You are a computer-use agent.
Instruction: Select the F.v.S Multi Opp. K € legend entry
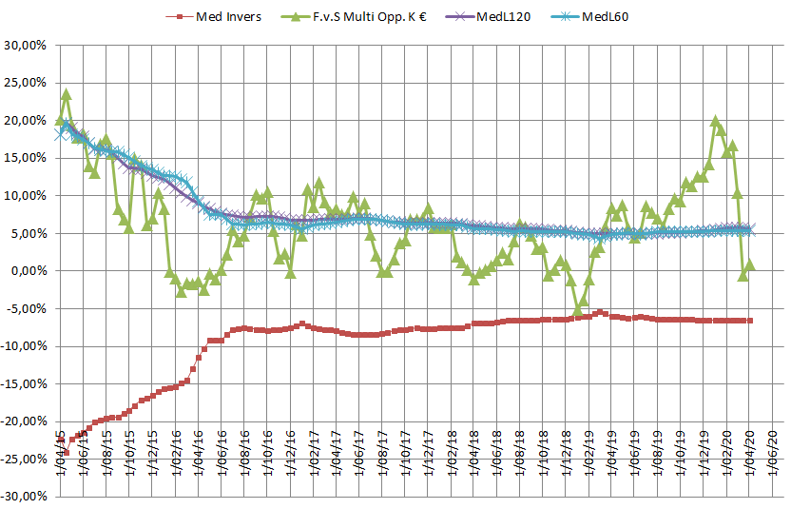tap(356, 16)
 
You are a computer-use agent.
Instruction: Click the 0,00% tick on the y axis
tap(29, 271)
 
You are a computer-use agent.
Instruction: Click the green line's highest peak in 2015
tap(66, 94)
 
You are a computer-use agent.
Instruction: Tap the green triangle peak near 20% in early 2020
tap(715, 121)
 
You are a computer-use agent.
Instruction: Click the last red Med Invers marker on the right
tap(750, 321)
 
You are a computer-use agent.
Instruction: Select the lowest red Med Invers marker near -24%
tap(66, 452)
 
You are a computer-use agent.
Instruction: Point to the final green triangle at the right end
tap(750, 264)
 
